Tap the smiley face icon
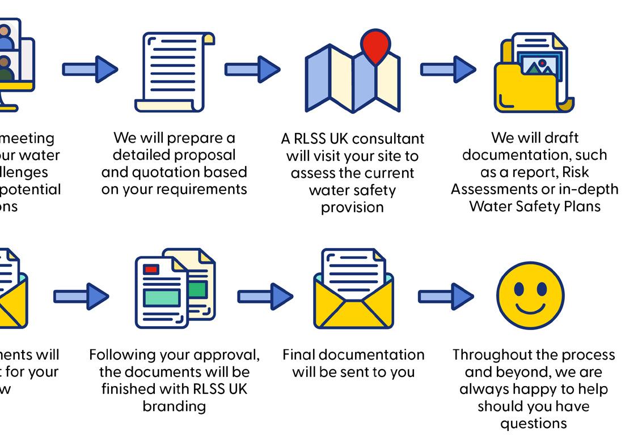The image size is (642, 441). (x=530, y=296)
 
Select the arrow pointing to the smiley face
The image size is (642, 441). (x=446, y=296)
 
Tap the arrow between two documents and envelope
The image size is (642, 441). (x=265, y=296)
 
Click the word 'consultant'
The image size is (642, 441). (x=390, y=139)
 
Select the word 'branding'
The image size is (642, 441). (x=174, y=406)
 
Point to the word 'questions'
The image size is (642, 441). (x=533, y=423)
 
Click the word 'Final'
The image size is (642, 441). (x=299, y=355)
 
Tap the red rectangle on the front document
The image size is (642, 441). (x=151, y=269)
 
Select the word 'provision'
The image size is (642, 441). (x=352, y=207)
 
